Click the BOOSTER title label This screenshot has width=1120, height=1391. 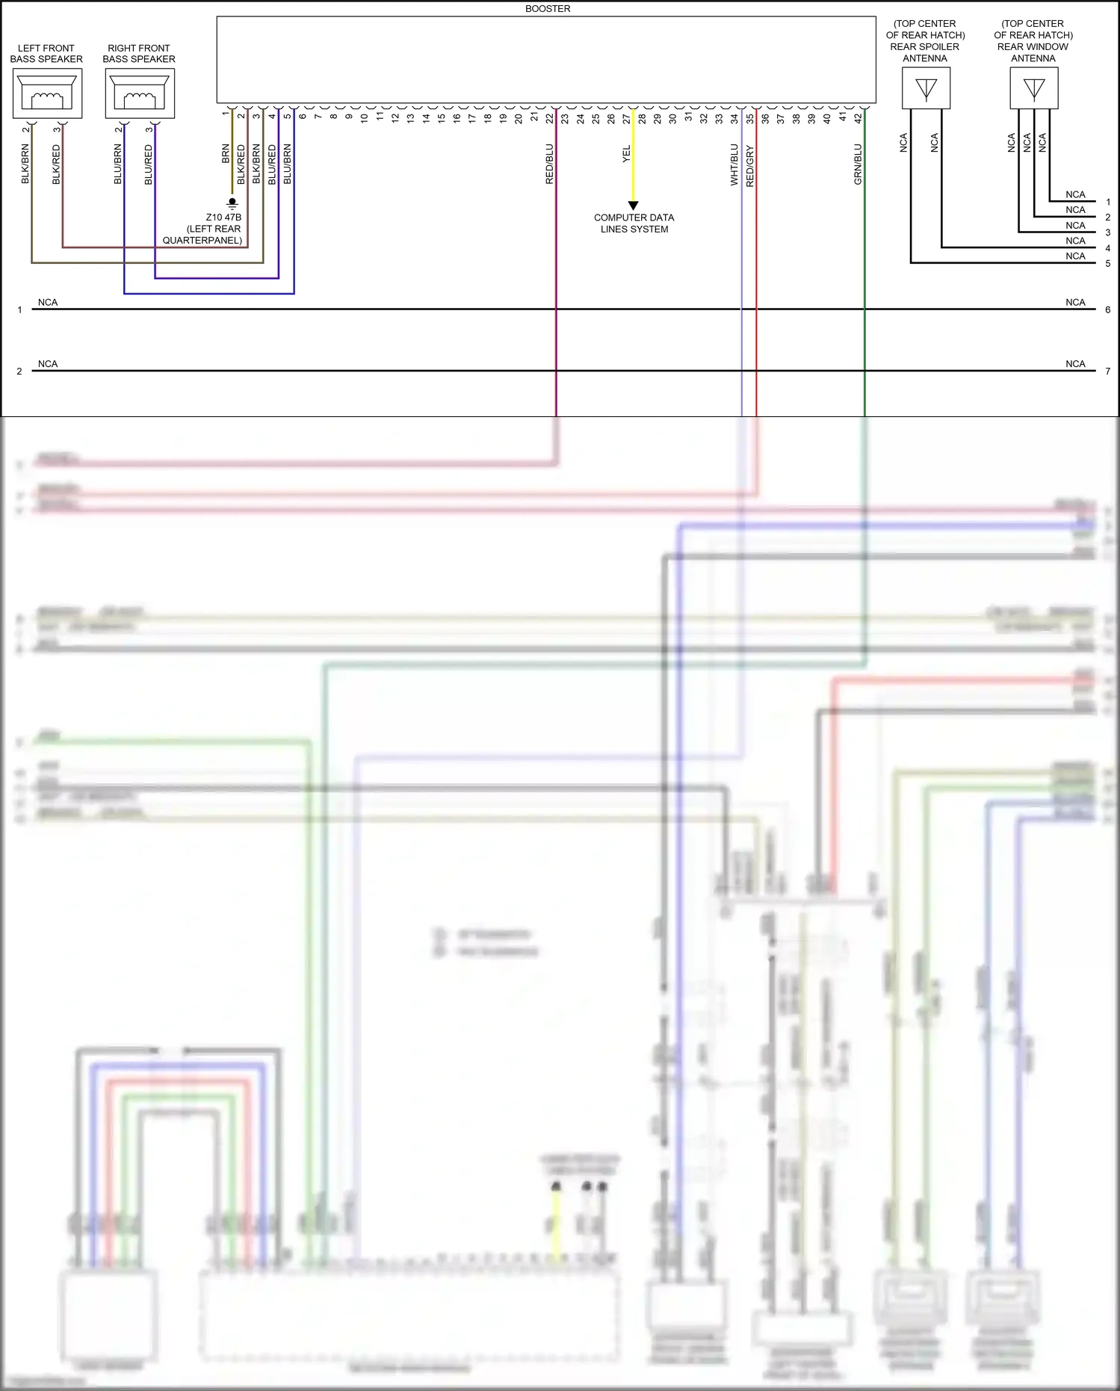coord(547,9)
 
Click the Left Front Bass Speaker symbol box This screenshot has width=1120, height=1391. coord(47,93)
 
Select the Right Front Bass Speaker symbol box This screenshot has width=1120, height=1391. coord(140,93)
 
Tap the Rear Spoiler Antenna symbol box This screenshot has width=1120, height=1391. coord(926,88)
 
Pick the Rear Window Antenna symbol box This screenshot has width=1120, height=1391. coord(1033,88)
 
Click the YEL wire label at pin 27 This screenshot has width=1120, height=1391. coord(626,154)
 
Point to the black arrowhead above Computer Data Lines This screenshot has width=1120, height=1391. coord(633,206)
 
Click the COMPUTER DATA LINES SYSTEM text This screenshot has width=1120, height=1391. coord(634,223)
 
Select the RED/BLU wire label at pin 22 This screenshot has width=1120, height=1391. coord(549,164)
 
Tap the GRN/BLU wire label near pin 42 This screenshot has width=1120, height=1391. coord(858,164)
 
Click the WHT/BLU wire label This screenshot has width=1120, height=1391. coord(734,164)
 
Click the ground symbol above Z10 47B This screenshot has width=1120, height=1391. coord(232,203)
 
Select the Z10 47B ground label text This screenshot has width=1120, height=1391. coord(223,218)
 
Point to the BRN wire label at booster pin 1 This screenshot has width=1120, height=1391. coord(225,154)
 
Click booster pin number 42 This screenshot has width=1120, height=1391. coord(858,118)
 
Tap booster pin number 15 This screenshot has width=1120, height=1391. coord(441,118)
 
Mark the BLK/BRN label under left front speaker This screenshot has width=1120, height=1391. coord(25,164)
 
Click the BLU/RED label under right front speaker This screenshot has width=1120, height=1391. coord(148,164)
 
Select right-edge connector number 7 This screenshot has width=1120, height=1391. coord(1107,371)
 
